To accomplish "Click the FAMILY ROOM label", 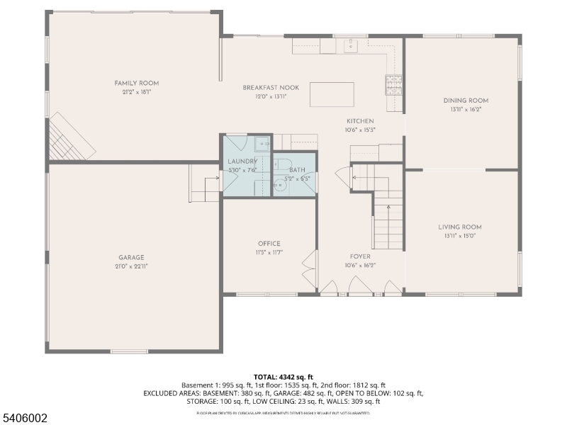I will click(137, 83).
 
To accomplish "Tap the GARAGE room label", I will click(131, 257).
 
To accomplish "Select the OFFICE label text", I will click(269, 244).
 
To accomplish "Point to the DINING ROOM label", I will click(465, 101).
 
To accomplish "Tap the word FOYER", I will click(360, 256).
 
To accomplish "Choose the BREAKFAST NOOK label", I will click(271, 87).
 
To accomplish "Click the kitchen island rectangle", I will click(332, 94).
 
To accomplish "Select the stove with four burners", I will click(393, 85).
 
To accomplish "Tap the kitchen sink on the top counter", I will click(350, 46).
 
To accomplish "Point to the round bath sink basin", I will click(278, 186).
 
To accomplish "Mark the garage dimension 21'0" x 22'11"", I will click(131, 266).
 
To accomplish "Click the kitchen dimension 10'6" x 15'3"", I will click(360, 130).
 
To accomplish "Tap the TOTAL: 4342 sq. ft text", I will click(283, 376).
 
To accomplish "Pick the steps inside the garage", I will click(204, 185).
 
